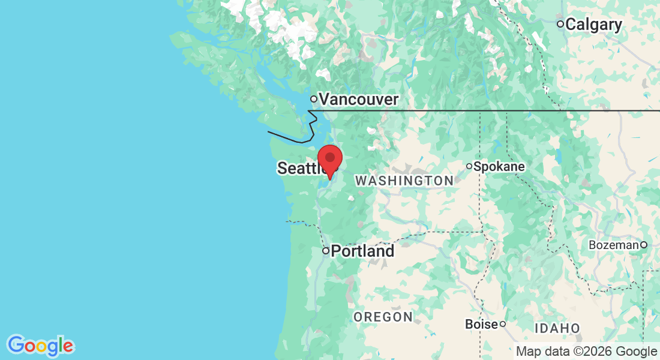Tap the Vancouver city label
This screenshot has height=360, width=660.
point(358,99)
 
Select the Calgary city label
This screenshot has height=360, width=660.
point(593,25)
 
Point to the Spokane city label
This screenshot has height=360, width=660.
point(499,166)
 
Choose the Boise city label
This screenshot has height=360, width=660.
point(482,324)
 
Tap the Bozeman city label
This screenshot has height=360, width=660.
point(614,245)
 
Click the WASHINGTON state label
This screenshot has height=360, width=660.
point(404,181)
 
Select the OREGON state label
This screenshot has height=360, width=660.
point(383,317)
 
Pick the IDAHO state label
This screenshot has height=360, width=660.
point(557,328)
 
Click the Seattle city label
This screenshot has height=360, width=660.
point(300,169)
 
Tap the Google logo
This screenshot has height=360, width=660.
point(41,346)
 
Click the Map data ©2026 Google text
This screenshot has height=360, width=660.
point(586,351)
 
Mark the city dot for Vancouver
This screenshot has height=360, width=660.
point(313,98)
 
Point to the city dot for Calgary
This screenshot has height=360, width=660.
point(560,24)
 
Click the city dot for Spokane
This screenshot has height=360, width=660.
point(469,166)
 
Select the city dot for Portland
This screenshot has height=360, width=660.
point(326,251)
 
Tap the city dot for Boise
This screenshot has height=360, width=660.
point(503,324)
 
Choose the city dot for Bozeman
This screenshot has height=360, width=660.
point(643,244)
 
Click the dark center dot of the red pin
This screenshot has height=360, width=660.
point(329,157)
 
